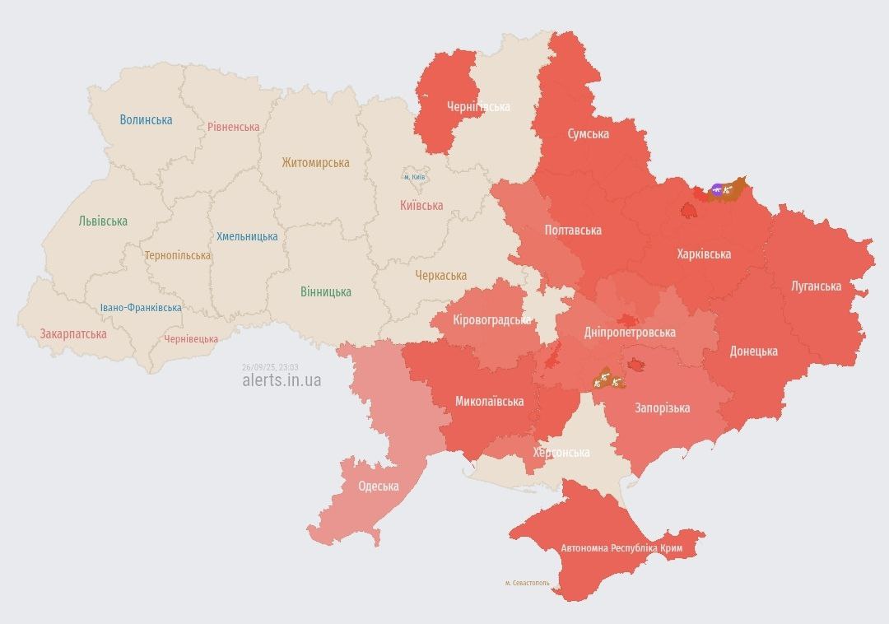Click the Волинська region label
(x=146, y=119)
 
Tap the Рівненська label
(x=233, y=127)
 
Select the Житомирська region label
(x=315, y=163)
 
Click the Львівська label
(x=103, y=221)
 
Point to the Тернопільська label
(x=177, y=255)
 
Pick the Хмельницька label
(x=247, y=236)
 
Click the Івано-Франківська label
(x=141, y=308)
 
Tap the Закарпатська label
(x=73, y=334)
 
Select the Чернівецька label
(x=191, y=339)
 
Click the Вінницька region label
(x=325, y=291)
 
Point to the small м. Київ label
(x=414, y=177)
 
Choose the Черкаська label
(x=440, y=276)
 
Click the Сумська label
(x=588, y=133)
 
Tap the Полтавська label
(x=573, y=231)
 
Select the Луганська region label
(x=816, y=286)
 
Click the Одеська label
(x=378, y=486)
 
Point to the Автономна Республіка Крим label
(x=621, y=547)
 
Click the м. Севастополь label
(x=527, y=583)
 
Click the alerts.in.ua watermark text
(x=282, y=380)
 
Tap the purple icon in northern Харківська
(x=716, y=190)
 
